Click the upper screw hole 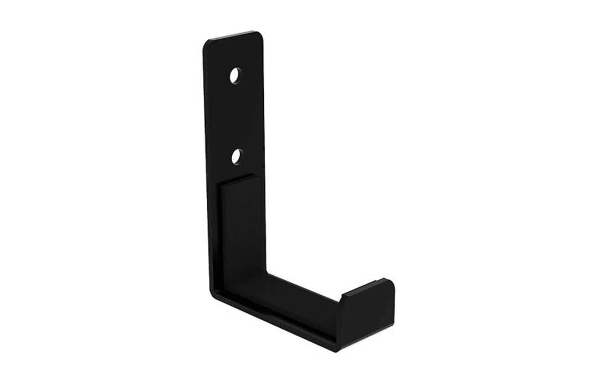point(236,75)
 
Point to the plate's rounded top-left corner point(208,43)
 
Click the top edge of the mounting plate point(235,36)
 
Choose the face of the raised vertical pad point(243,232)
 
